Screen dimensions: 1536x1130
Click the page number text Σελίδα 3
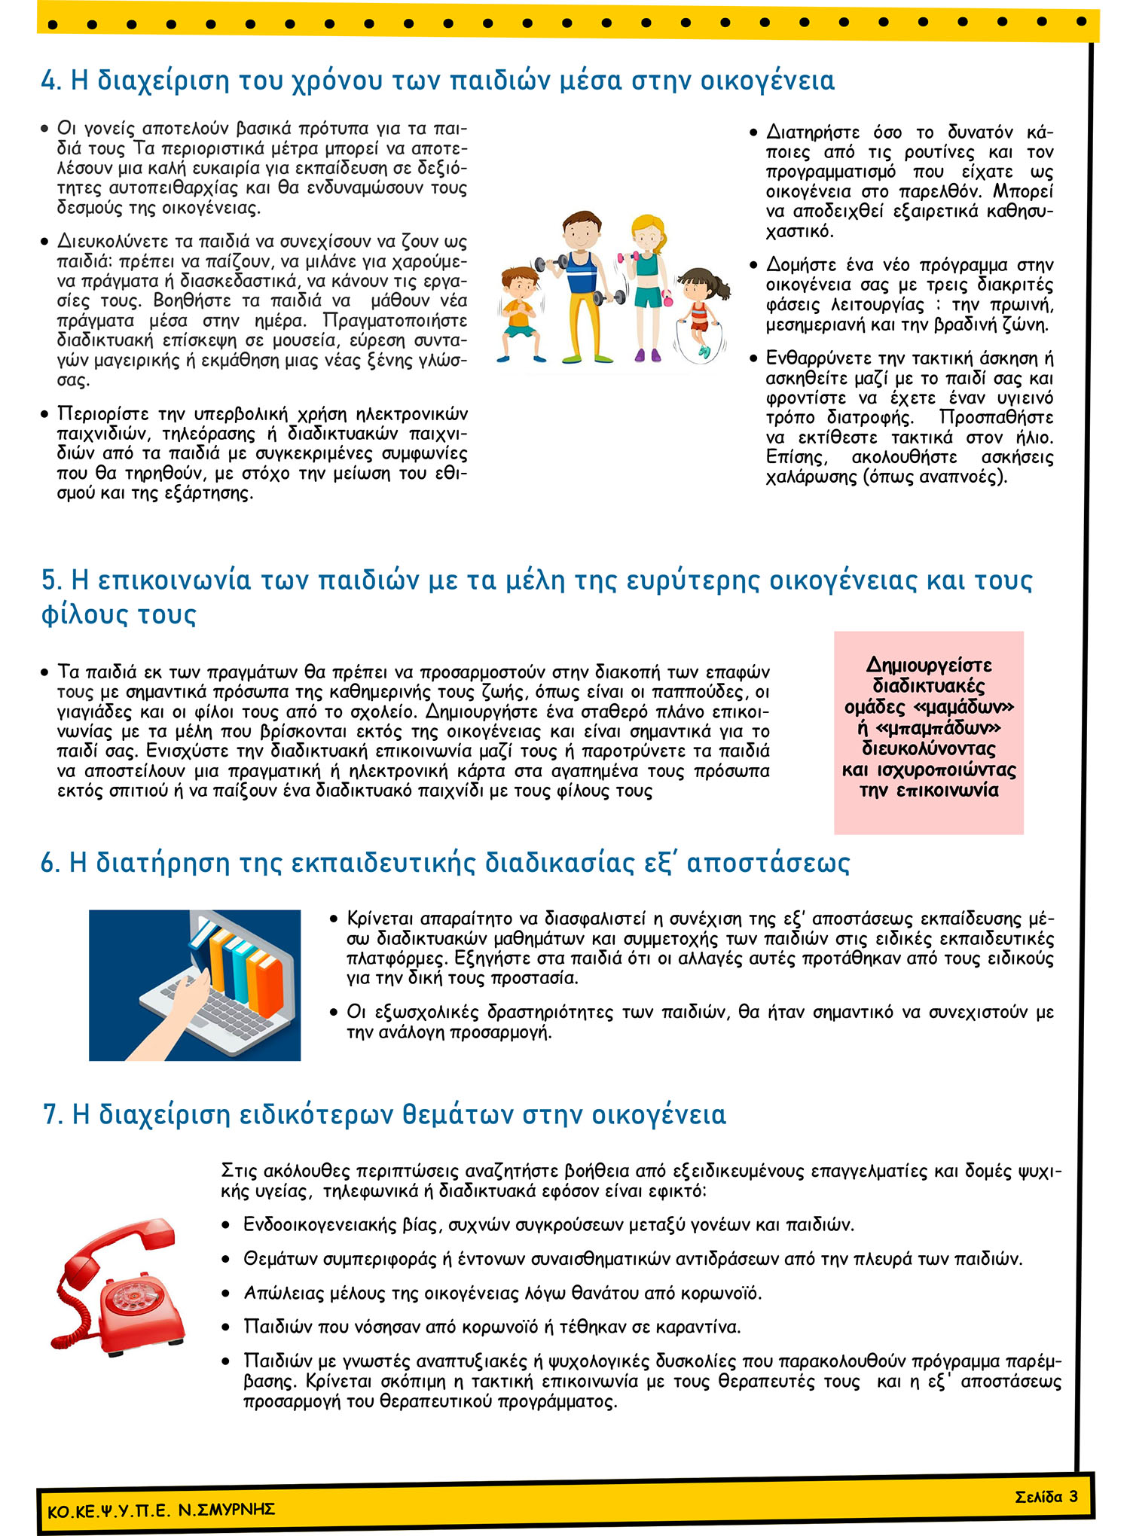(x=1046, y=1496)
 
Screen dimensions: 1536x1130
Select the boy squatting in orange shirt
(x=521, y=312)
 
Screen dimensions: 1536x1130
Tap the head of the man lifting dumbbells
(x=581, y=230)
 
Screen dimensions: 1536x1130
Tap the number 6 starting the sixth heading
(x=50, y=863)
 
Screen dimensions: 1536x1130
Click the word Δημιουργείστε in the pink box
(x=929, y=665)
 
